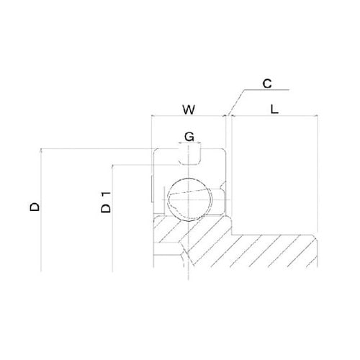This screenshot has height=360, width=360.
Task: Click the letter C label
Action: click(267, 84)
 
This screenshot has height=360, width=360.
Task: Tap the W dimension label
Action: click(189, 109)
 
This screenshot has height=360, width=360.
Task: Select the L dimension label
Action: click(274, 109)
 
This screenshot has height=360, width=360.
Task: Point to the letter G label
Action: click(189, 137)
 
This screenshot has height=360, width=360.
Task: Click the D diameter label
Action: click(35, 207)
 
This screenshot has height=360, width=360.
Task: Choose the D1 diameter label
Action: click(106, 202)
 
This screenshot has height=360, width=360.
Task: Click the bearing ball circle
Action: click(189, 199)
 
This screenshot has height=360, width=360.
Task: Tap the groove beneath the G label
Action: click(189, 157)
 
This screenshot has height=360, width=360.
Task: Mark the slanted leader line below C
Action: click(236, 102)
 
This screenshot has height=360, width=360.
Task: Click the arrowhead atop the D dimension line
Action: click(41, 150)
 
